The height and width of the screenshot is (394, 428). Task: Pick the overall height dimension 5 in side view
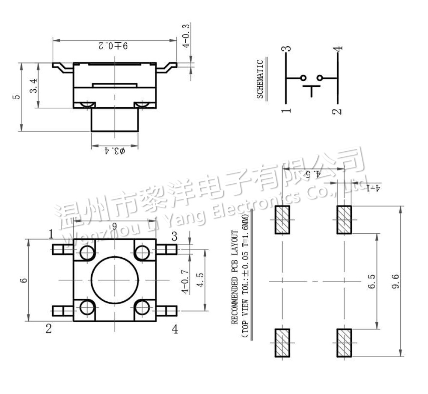pos(16,97)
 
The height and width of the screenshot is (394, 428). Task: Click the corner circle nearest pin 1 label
pos(87,253)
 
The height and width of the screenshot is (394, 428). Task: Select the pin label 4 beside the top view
pos(175,329)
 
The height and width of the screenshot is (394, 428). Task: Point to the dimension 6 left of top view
pos(24,280)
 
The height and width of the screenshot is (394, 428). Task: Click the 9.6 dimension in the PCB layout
pos(395,282)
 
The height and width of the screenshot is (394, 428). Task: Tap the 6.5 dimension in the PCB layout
pos(371,282)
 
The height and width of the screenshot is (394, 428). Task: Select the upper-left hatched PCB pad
pos(282,220)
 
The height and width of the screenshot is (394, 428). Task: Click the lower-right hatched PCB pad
pos(344,343)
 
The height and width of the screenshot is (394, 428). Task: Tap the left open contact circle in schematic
pos(303,78)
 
